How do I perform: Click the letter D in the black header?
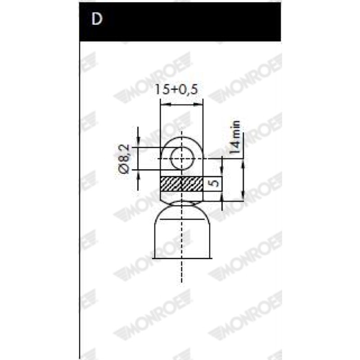coord(97,18)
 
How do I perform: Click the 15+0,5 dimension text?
coord(176,90)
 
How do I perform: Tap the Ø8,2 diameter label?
coord(124,159)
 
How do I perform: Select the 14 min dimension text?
coord(234,137)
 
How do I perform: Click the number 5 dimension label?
coord(215,184)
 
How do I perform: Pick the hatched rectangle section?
coord(182,184)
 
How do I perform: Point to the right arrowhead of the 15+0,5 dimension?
coord(198,104)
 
